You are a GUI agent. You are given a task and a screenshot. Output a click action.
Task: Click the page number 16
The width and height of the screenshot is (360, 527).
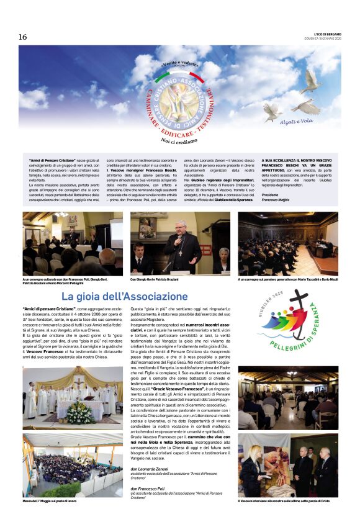point(23,37)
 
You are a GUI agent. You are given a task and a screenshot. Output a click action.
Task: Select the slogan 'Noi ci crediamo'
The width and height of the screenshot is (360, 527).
point(179,141)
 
